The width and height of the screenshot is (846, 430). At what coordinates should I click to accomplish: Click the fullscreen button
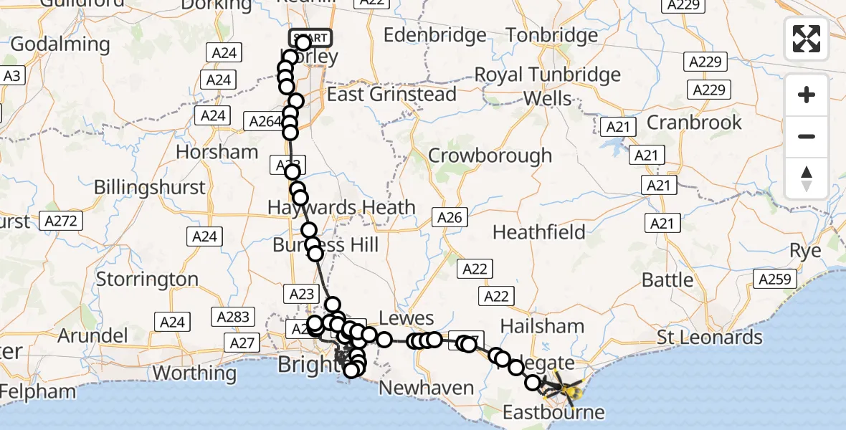(807, 39)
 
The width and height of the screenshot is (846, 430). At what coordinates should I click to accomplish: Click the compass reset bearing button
(807, 178)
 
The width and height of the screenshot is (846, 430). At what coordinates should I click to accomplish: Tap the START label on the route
(310, 37)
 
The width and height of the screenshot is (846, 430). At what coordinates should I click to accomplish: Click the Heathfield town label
(539, 232)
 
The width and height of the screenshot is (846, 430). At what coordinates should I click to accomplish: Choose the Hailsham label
(543, 325)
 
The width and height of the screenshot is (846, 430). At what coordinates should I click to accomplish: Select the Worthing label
(194, 373)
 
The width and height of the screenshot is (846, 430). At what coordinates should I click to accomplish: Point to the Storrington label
(147, 279)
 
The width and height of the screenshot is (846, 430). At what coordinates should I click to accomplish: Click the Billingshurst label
(150, 188)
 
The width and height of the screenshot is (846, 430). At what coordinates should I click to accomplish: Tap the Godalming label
(60, 44)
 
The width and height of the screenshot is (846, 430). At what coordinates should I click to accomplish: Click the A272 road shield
(60, 220)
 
